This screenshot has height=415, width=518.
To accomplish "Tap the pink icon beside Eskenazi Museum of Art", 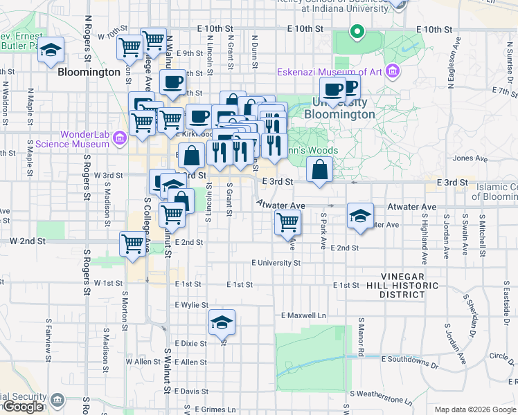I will point(393,72).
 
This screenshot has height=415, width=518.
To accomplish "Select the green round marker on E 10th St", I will point(357,31).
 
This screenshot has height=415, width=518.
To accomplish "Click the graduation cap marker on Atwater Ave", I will point(360,216).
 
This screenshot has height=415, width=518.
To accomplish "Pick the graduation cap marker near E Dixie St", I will point(222,322).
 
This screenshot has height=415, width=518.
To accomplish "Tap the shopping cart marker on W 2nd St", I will point(132,243).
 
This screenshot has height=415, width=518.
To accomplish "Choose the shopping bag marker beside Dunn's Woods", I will point(319,169).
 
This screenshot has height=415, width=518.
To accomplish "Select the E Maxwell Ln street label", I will point(303,315).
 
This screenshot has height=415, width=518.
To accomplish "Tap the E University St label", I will point(276,263).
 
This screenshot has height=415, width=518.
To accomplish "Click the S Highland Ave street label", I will point(425,238).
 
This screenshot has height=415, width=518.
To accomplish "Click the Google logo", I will point(23,407).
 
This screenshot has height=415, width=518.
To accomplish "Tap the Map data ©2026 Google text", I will point(474,409).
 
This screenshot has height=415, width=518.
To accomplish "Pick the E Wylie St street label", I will point(192,304).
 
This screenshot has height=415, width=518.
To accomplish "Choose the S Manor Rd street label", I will point(361,338).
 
